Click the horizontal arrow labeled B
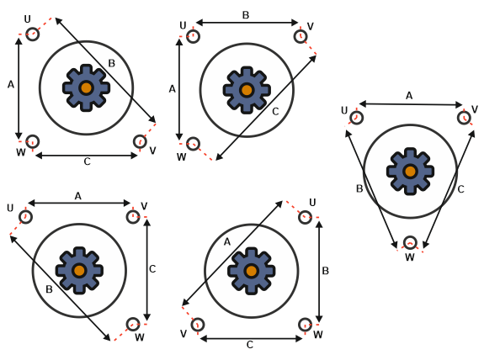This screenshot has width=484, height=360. pyautogui.click(x=247, y=23)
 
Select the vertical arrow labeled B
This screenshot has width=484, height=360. pyautogui.click(x=319, y=272)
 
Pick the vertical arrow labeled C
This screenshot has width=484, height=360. pyautogui.click(x=147, y=270)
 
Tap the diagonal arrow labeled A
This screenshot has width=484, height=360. pyautogui.click(x=232, y=253)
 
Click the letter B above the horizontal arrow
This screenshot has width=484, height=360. pyautogui.click(x=246, y=15)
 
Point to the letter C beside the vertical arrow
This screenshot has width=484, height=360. pyautogui.click(x=152, y=269)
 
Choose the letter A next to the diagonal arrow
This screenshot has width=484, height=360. pyautogui.click(x=227, y=242)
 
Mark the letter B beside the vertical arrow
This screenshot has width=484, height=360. pyautogui.click(x=326, y=271)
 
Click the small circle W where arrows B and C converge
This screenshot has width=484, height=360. pyautogui.click(x=410, y=242)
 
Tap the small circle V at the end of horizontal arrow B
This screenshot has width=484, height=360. pyautogui.click(x=301, y=36)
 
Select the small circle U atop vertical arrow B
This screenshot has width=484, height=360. pyautogui.click(x=305, y=217)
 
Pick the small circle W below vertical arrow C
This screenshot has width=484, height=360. pyautogui.click(x=133, y=324)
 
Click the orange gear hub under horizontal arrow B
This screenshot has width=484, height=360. pyautogui.click(x=247, y=90)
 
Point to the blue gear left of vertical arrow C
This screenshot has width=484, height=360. pyautogui.click(x=79, y=270)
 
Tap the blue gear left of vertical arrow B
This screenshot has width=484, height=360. pyautogui.click(x=252, y=271)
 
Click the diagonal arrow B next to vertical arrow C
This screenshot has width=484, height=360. pyautogui.click(x=61, y=288)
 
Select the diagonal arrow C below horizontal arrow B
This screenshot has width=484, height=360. pyautogui.click(x=266, y=108)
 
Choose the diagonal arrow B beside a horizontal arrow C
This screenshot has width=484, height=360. pyautogui.click(x=105, y=71)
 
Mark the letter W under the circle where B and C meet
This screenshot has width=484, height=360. pyautogui.click(x=410, y=257)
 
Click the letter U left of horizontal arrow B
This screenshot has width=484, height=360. pyautogui.click(x=183, y=25)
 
